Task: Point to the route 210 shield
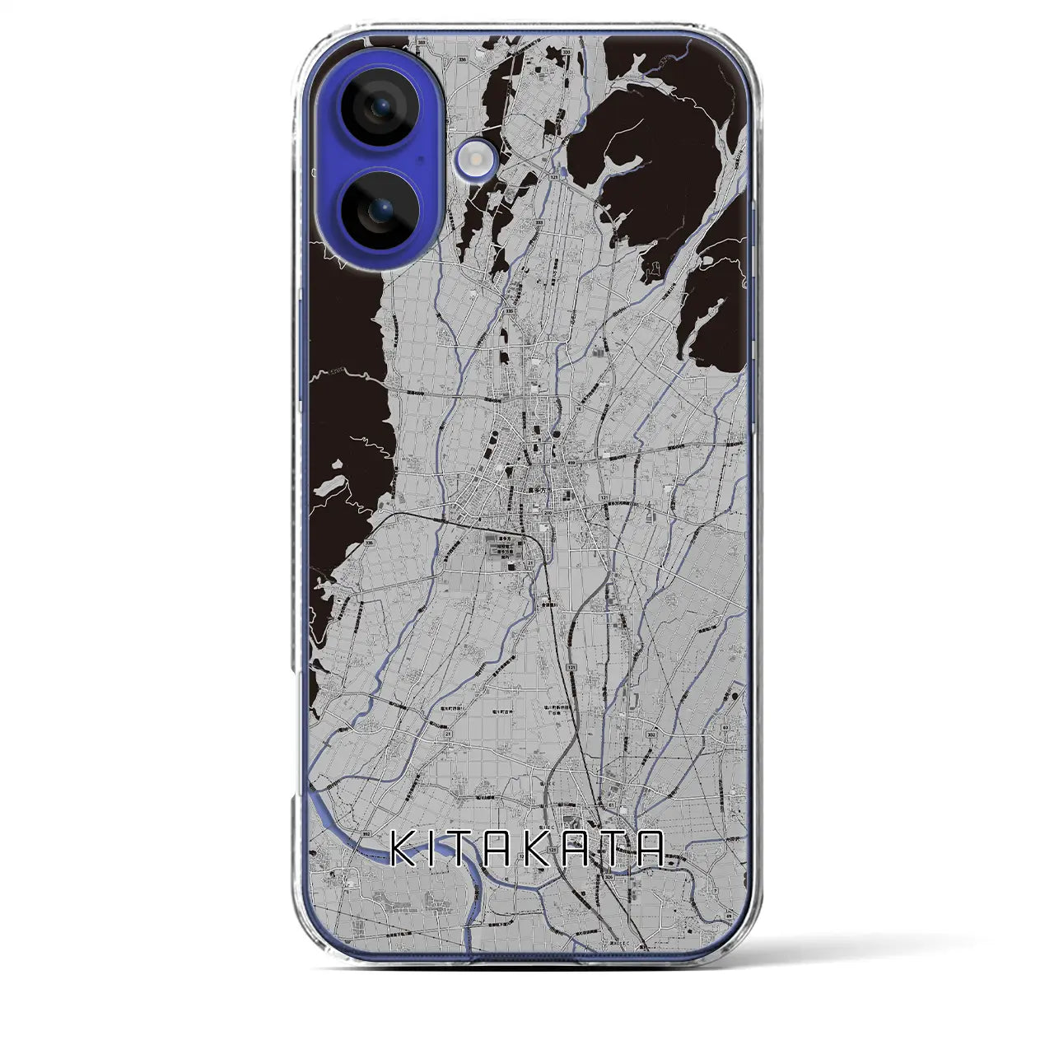point(548,513)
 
